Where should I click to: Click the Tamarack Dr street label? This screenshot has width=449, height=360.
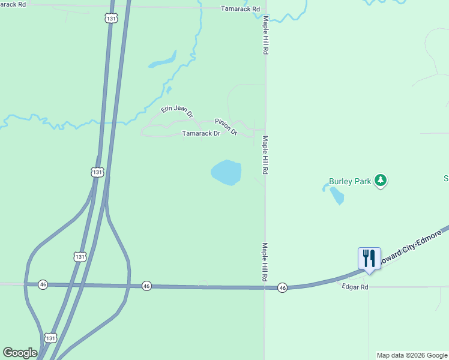201,134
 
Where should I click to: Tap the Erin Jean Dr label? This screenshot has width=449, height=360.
177,111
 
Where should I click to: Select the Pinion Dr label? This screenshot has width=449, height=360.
226,127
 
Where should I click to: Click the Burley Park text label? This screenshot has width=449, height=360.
349,181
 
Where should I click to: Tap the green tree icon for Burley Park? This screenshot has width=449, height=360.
380,180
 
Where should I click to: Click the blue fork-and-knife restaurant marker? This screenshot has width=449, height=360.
369,259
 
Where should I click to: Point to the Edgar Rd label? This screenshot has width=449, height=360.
355,287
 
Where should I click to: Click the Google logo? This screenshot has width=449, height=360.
20,353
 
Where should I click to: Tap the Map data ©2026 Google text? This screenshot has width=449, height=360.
412,355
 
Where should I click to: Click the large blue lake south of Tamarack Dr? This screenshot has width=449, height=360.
226,173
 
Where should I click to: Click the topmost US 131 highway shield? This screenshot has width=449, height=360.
110,19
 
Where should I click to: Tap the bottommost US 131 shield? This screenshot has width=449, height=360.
51,338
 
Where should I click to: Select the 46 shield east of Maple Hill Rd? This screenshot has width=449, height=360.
283,289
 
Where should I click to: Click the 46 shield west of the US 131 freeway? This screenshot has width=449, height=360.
43,284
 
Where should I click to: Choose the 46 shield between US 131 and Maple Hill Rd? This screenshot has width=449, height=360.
146,286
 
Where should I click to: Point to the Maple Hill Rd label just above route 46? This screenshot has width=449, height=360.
264,263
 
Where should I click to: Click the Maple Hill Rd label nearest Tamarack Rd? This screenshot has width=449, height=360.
265,36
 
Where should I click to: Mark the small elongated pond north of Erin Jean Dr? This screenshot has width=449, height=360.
162,61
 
